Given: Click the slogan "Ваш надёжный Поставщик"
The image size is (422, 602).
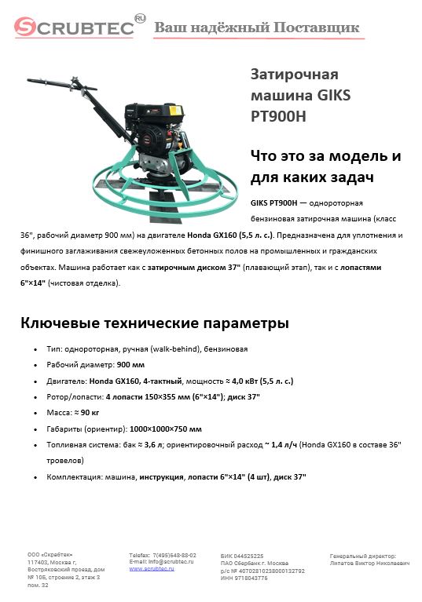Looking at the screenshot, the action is coord(257,28).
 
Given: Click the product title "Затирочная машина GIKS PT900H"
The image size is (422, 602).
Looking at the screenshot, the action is coord(300,95).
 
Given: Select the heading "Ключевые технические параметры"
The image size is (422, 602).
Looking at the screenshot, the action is coord(154,323).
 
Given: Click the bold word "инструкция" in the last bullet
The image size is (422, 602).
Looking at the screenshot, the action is coord(163,476).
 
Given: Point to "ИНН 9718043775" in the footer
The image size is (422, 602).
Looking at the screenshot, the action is coord(244,578).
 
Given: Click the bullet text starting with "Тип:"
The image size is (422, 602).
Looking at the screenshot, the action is coord(149,348).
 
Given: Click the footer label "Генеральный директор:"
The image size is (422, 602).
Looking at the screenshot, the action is coord(363,556).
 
